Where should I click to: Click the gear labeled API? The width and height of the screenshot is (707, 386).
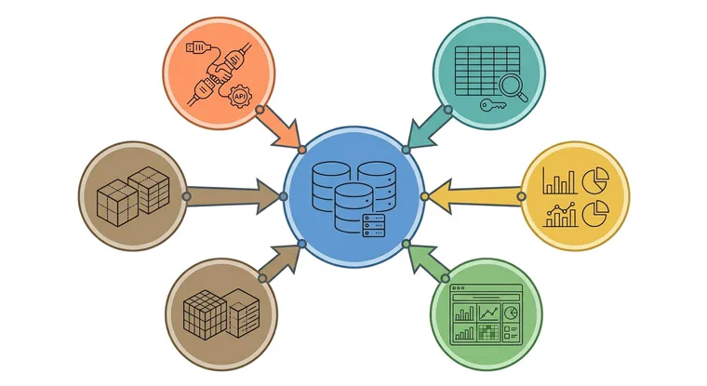point(239,96)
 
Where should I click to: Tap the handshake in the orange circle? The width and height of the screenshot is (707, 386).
point(221,74)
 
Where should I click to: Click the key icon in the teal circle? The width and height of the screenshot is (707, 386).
point(493,105)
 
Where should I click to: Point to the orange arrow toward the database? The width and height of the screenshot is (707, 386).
point(280,129)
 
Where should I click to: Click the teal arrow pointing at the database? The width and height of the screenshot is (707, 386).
point(427,129)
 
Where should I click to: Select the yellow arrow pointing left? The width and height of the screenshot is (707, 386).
point(473,196)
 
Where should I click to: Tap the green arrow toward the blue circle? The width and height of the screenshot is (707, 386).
point(426,261)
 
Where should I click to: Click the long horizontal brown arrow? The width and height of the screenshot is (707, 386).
point(233,196)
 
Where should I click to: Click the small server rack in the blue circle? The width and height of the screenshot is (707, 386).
point(374,225)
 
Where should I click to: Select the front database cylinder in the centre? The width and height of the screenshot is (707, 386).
point(353,207)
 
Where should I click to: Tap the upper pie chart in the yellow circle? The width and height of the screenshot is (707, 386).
point(595,180)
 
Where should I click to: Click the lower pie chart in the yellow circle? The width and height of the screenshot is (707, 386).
point(595,214)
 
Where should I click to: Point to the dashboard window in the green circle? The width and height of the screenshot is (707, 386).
point(487,313)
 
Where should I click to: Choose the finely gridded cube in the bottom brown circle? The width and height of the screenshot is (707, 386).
point(205,314)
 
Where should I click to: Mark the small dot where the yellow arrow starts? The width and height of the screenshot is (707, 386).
point(521,196)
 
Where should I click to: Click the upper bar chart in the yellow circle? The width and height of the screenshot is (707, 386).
point(560,180)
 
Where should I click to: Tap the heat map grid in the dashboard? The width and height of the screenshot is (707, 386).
point(489,332)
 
